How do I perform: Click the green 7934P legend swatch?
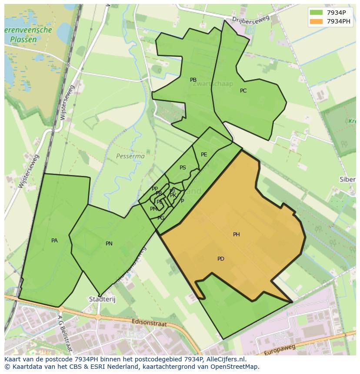(317, 13)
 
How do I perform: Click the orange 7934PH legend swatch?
(317, 21)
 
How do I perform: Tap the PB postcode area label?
(193, 80)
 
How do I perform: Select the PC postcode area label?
(243, 91)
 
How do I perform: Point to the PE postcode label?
(204, 155)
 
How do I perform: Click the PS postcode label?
(183, 168)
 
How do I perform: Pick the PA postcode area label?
(54, 241)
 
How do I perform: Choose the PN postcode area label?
(109, 244)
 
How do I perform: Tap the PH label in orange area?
(236, 235)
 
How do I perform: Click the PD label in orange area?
(220, 259)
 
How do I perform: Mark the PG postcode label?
(161, 218)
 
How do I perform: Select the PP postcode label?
(154, 189)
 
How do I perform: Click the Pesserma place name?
(130, 156)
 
